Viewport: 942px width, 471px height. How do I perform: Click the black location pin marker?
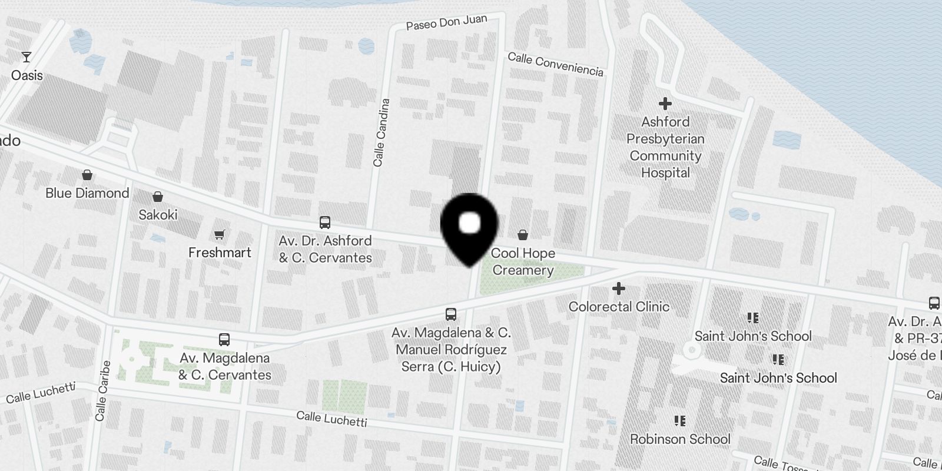pos(469,227)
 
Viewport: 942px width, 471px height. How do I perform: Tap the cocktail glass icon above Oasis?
pos(26,57)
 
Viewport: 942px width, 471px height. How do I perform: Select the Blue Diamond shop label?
pos(87,193)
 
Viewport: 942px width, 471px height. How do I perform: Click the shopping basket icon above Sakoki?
pos(158,197)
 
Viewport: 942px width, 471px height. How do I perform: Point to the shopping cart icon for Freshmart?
pos(220,235)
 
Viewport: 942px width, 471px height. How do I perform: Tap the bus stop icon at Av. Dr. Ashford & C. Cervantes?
pos(325,223)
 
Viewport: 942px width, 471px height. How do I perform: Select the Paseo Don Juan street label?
pos(446,22)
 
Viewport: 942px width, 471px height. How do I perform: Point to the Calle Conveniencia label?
pos(555,64)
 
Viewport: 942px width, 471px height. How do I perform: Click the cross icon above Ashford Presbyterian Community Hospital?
pos(665,104)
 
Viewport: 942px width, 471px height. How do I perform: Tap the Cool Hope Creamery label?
pos(523,261)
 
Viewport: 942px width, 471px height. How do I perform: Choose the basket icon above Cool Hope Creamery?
pos(522,235)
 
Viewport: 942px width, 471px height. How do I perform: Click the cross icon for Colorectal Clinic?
pos(618,289)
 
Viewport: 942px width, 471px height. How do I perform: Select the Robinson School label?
pos(680,439)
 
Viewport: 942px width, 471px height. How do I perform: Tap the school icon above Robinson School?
pos(680,421)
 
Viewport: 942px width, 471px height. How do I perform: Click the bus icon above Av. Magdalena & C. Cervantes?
pos(224,340)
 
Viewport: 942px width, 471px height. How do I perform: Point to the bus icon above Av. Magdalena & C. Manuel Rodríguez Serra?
pos(451,314)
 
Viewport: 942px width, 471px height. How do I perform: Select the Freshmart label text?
pos(220,253)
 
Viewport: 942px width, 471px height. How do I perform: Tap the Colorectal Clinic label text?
pos(619,307)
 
